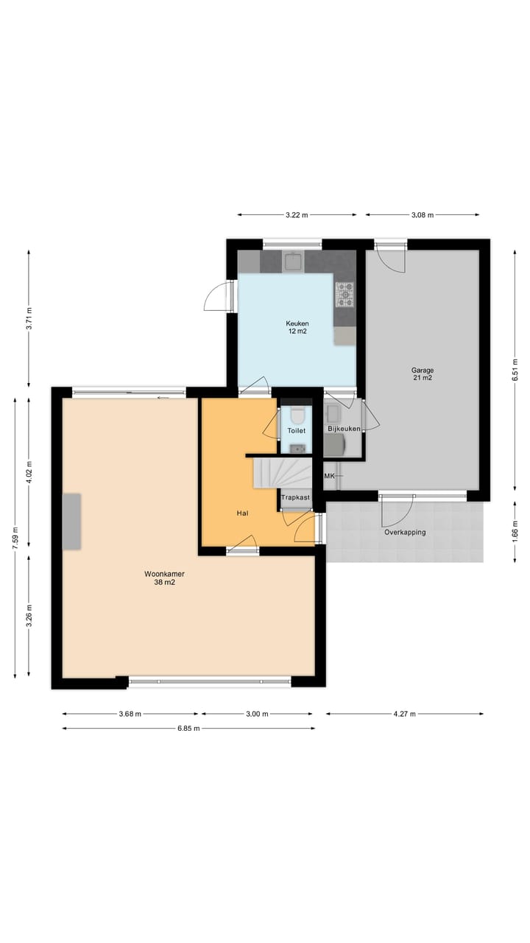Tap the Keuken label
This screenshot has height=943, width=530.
297,327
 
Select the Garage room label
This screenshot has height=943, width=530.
422,374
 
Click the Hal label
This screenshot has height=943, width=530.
241,513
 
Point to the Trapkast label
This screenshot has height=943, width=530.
294,497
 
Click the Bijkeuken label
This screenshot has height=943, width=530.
344,429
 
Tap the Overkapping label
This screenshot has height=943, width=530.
404,532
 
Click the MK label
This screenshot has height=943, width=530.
329,476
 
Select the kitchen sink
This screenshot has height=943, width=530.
294,262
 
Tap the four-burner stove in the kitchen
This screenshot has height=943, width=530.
344,295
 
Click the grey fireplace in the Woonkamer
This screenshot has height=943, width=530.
71,521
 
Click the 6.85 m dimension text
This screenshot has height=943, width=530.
188,729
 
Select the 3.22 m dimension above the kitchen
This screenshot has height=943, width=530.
297,215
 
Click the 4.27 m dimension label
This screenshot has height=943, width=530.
404,714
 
